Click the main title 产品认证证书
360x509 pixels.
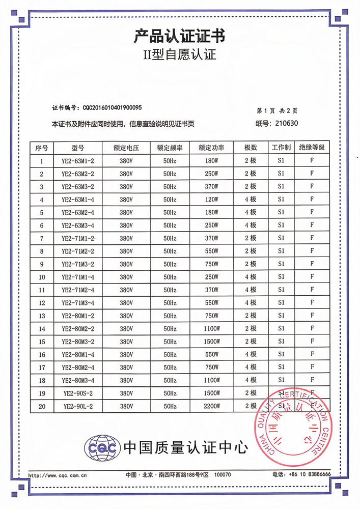tap(179, 36)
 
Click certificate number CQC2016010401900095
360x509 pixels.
tap(112, 108)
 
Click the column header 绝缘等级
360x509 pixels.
tap(311, 148)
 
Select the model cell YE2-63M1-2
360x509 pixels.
tap(78, 161)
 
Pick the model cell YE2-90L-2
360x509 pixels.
tap(78, 406)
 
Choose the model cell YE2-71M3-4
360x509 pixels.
tap(78, 303)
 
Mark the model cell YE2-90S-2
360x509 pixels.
tap(78, 393)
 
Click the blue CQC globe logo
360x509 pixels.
tap(102, 447)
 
